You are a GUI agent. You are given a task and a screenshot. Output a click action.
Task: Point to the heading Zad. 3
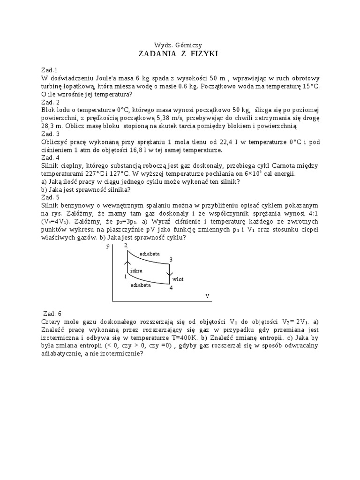[x=50, y=134]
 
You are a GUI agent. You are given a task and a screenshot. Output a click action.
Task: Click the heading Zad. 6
[x=52, y=314]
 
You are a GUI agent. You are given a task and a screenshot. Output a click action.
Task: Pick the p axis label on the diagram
[x=108, y=246]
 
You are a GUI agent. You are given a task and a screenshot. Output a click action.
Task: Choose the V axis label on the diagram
[x=207, y=296]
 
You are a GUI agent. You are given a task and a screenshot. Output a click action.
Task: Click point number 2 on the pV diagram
[x=126, y=245]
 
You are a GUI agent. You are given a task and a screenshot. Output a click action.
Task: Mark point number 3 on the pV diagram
[x=171, y=259]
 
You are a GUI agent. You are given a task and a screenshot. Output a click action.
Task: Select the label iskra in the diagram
[x=136, y=271]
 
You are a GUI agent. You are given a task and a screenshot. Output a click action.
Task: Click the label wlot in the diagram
[x=178, y=279]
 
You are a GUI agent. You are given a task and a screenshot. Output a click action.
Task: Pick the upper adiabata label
[x=150, y=253]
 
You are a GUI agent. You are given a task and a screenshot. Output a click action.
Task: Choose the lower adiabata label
[x=141, y=285]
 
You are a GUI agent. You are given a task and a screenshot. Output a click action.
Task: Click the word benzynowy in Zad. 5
[x=80, y=206]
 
